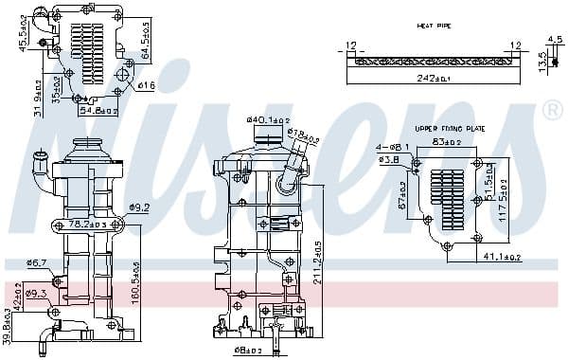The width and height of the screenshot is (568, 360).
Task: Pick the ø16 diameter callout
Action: pos(146,86)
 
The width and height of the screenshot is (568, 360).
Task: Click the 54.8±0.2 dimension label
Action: pos(98,111)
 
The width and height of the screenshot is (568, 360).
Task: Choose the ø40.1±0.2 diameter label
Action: pos(266,119)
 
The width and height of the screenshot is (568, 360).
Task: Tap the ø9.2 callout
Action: pos(140,207)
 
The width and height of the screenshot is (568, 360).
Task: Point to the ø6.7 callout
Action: pos(37,262)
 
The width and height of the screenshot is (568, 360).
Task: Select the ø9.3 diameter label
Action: pos(37,294)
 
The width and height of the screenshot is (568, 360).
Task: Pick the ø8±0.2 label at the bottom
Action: pos(248,351)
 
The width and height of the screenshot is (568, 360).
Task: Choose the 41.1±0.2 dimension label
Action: pos(502,257)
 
